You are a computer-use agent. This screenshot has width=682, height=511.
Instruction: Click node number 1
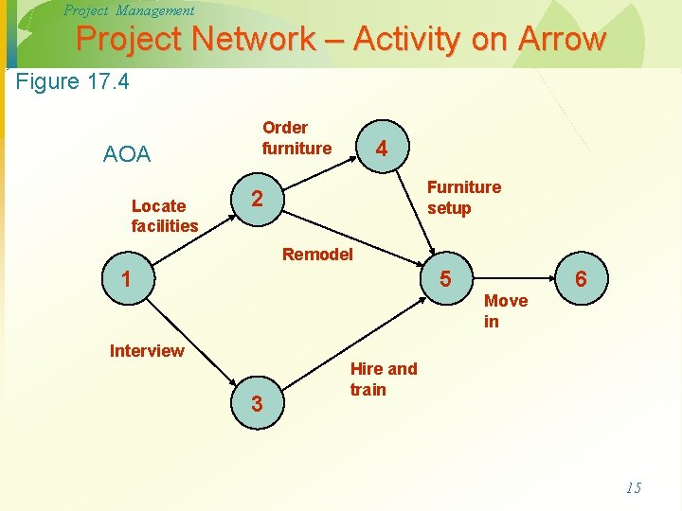tap(125, 279)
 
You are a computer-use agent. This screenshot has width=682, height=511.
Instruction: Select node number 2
tap(256, 199)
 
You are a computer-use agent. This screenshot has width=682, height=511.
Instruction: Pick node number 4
tap(381, 149)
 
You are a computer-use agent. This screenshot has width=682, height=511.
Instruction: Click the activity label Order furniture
tap(296, 138)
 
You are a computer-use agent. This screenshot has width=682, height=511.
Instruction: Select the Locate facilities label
tap(165, 216)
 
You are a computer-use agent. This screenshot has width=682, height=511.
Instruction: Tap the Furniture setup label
tap(464, 198)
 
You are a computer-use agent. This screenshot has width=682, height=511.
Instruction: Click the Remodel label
tap(317, 254)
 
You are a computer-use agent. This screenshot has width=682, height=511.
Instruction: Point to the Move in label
tap(505, 311)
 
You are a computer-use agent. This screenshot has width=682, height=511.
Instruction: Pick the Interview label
tap(147, 351)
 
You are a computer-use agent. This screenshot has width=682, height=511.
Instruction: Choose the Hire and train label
tap(383, 379)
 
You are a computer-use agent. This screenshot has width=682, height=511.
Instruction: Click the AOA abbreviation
tap(127, 154)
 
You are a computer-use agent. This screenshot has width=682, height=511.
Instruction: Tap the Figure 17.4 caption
tap(73, 81)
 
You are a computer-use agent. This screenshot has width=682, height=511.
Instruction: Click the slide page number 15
tap(634, 488)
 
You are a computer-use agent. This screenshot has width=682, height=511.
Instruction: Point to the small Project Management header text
tap(129, 10)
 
